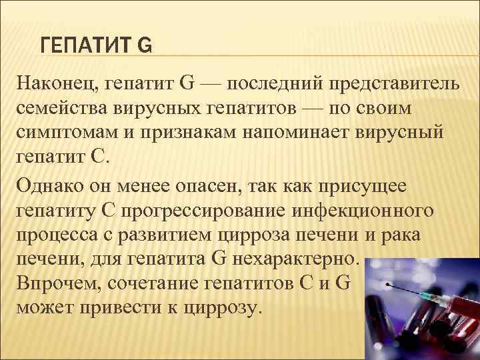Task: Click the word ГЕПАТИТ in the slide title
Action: point(85,46)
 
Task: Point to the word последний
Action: point(277,86)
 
